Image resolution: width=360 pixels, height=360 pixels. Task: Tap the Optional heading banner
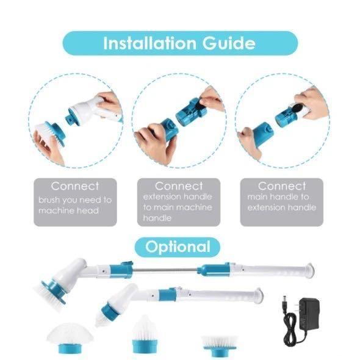178,247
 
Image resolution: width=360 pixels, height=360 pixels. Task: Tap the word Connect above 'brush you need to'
74,186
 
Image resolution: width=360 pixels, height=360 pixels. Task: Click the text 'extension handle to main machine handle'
178,207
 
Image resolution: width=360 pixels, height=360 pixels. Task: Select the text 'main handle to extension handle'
282,202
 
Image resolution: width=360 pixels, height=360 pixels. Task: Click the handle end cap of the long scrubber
309,268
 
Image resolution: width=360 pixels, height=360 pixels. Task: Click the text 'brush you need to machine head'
74,205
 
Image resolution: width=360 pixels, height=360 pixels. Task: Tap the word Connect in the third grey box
282,186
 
